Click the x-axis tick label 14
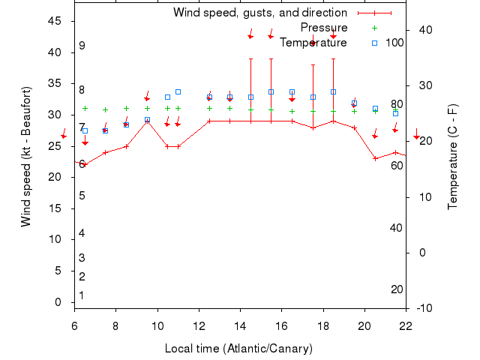coord(240,326)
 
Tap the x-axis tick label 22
coord(406,326)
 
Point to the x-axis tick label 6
coord(74,326)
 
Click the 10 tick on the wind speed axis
coord(56,239)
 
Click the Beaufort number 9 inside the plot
coord(82,46)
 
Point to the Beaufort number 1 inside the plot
coord(82,295)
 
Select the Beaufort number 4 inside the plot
coord(82,233)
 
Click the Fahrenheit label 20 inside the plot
coord(397,289)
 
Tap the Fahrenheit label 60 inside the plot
coord(397,165)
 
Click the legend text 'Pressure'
coord(323,28)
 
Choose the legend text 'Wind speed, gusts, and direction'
coord(259,13)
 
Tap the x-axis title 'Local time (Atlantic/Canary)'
coord(238,349)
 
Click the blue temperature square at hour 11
coord(178,91)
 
